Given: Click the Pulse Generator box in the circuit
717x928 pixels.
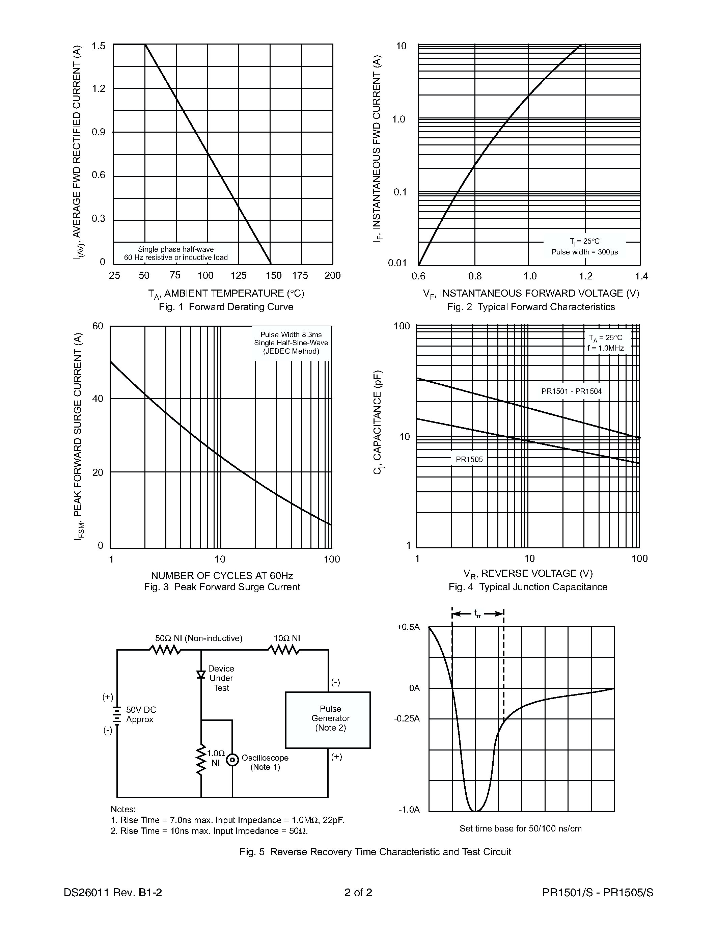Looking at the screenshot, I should pos(328,720).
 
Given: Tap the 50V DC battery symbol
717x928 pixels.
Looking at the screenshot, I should pos(117,714).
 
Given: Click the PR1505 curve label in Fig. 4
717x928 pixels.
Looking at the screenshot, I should pos(469,459).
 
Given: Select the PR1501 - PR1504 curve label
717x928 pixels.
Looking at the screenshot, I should pos(571,391).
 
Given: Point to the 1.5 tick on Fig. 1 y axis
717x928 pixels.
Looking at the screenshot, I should pos(99,46).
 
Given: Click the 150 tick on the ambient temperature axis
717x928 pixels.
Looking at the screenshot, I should pos(274,275).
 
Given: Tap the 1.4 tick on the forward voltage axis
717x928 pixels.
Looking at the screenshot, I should pos(641,276).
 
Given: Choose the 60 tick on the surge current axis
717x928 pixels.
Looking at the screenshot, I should pos(98,326).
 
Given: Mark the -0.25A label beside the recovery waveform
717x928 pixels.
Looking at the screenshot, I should pos(407,718).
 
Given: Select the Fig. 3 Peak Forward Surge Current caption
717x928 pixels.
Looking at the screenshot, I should pos(222,587).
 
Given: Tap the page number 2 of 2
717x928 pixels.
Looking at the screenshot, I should pos(358,892).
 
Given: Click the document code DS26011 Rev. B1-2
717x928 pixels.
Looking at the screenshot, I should pos(113,892).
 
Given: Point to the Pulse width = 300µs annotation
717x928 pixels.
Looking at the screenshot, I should pos(584,252).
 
